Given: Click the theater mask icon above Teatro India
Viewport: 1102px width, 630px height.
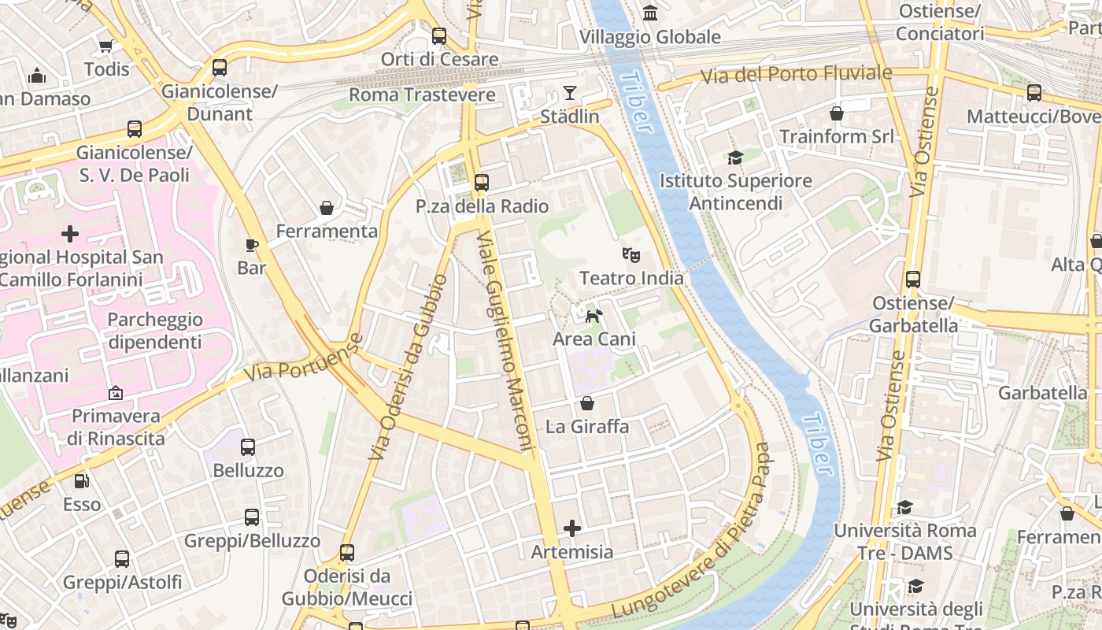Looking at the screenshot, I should pos(631,254).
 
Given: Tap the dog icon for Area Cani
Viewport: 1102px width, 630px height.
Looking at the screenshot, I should pos(594,316).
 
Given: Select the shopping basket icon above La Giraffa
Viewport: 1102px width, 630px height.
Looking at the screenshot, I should pos(587,404).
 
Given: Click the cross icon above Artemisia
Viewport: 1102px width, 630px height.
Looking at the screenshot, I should pos(572,528).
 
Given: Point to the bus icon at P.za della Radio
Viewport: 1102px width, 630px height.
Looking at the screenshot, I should pos(482,183).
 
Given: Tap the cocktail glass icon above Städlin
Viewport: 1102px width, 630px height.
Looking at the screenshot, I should pos(570,93).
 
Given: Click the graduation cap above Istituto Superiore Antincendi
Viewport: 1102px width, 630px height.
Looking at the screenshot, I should pos(735,157).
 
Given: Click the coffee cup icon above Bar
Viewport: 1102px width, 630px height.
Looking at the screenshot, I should pos(252,245).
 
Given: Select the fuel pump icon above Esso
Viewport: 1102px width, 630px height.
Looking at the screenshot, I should pos(81,481).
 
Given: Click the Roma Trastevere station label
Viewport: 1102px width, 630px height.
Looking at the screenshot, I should pos(422,95).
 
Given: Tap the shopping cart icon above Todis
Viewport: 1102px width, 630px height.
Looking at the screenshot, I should pos(106,46).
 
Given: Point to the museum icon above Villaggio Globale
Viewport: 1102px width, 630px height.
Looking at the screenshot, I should pos(650,13).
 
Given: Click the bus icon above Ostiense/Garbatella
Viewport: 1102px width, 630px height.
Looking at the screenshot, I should pos(913,279).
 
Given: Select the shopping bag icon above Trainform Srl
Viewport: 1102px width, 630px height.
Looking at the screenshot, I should pos(837,113).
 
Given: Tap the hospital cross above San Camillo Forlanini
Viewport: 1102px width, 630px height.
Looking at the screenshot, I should pos(70,234).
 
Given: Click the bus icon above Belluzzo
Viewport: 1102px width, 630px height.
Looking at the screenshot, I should pos(248,447).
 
